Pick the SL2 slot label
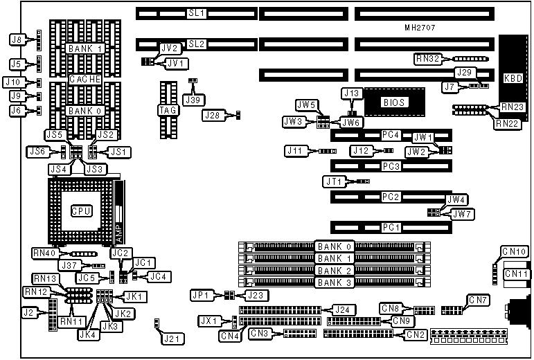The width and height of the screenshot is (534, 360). coord(197,44)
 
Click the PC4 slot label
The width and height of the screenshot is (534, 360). coord(391,134)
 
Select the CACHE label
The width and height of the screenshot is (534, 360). coord(85,80)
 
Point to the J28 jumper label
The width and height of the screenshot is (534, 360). coord(214,116)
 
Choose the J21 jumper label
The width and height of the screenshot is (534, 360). coord(169,339)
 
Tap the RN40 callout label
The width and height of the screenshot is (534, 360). coord(44,253)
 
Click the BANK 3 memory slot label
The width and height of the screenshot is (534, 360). coord(334,282)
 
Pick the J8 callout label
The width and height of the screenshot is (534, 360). coord(17,39)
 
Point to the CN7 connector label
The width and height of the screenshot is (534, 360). coord(478,300)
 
